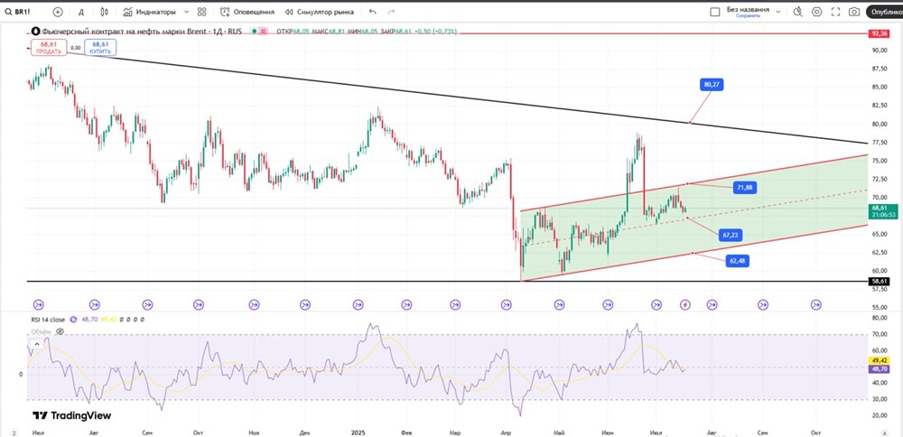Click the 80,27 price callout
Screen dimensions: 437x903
tap(712, 84)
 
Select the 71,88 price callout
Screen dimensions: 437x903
tap(744, 187)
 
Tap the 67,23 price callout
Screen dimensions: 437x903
tap(731, 235)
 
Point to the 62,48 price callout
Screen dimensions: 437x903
tap(738, 261)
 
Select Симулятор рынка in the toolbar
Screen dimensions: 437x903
tap(320, 13)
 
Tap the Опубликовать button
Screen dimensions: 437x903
tap(883, 13)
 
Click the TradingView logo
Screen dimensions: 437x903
tap(71, 415)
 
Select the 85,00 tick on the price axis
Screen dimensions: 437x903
tap(878, 87)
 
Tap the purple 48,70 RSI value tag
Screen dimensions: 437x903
tap(879, 369)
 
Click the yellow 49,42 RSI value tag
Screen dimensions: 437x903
tap(879, 359)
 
